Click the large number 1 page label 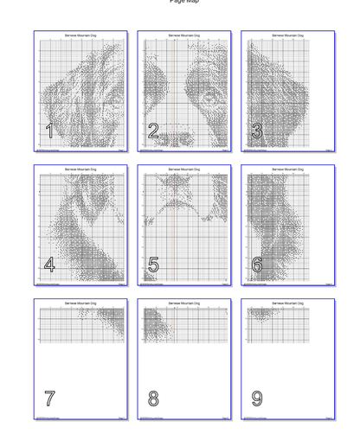pyautogui.click(x=49, y=131)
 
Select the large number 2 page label pyautogui.click(x=153, y=131)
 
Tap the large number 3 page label pyautogui.click(x=257, y=131)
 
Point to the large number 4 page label pyautogui.click(x=49, y=265)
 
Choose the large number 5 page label pyautogui.click(x=153, y=265)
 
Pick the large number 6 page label pyautogui.click(x=257, y=265)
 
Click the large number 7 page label pyautogui.click(x=49, y=399)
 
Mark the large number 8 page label pyautogui.click(x=153, y=399)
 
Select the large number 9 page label pyautogui.click(x=257, y=399)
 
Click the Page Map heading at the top pyautogui.click(x=183, y=2)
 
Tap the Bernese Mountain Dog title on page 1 pyautogui.click(x=80, y=35)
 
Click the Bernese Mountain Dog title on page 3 pyautogui.click(x=288, y=35)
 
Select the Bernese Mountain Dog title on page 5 pyautogui.click(x=184, y=169)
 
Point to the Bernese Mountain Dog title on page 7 pyautogui.click(x=80, y=303)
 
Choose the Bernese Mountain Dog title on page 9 pyautogui.click(x=288, y=303)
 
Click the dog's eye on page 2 pyautogui.click(x=209, y=99)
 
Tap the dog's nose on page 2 pyautogui.click(x=177, y=137)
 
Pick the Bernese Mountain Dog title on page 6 pyautogui.click(x=288, y=169)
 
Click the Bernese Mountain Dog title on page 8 pyautogui.click(x=184, y=303)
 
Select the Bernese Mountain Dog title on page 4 pyautogui.click(x=80, y=169)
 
